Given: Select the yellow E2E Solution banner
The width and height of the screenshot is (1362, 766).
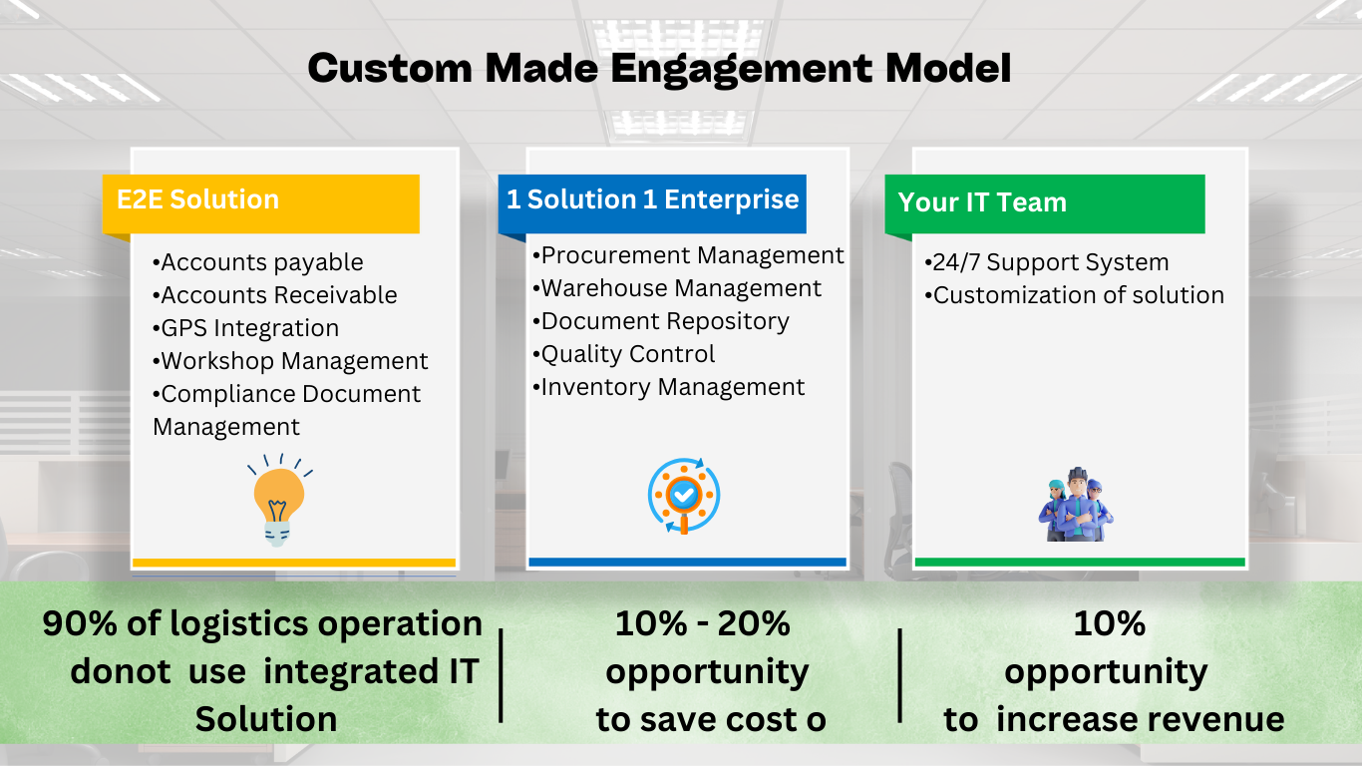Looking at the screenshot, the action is [x=261, y=203].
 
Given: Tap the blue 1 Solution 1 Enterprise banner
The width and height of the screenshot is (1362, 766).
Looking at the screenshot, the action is [x=652, y=203].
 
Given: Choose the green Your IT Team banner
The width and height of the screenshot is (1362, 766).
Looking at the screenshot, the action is [x=1045, y=203].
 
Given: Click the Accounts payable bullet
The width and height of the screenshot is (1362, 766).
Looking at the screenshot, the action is [x=258, y=263].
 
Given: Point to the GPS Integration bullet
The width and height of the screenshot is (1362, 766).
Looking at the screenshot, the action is [x=245, y=328].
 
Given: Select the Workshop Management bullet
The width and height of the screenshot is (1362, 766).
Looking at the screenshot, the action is [x=290, y=361].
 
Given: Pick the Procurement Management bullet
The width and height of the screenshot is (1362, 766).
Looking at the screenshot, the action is [x=688, y=256].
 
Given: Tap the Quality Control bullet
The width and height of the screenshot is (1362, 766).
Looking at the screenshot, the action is [x=623, y=355].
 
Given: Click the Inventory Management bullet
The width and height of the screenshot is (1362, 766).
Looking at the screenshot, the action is [x=668, y=388].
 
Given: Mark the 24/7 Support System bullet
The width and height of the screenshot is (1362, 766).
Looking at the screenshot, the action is [x=1046, y=263].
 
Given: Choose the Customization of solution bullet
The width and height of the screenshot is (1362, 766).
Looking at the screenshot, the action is [x=1074, y=295].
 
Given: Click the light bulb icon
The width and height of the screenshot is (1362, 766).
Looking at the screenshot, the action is [x=279, y=500].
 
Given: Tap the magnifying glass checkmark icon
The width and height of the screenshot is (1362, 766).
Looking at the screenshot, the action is [x=684, y=496].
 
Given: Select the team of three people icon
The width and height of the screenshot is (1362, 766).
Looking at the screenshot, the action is [x=1076, y=505].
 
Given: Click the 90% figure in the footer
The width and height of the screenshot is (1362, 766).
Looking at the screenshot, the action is [x=79, y=623].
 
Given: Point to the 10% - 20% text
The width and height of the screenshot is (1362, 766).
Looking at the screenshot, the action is [x=702, y=623].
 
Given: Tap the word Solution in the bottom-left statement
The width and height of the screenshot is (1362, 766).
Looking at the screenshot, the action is [x=266, y=720].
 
